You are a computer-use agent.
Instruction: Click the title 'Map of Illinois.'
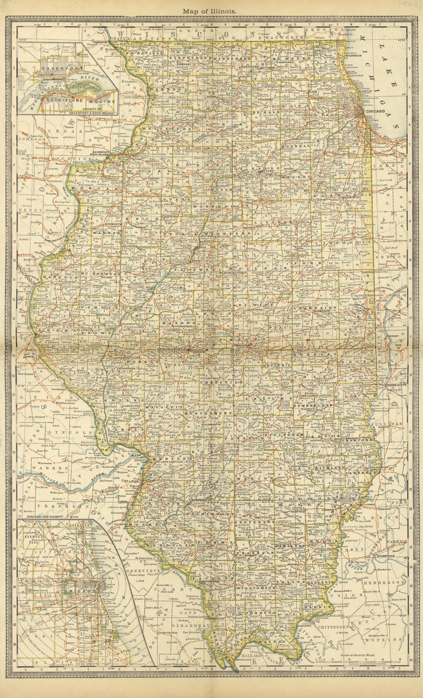coord(211,12)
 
